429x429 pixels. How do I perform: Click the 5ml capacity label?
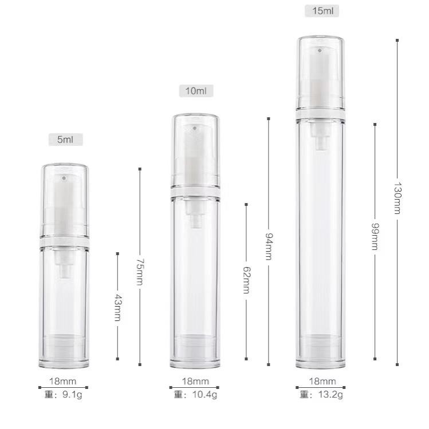pyautogui.click(x=65, y=140)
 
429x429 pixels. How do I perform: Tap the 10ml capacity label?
pyautogui.click(x=196, y=91)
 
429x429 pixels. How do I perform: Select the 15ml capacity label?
pyautogui.click(x=322, y=11)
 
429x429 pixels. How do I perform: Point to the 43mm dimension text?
pyautogui.click(x=118, y=308)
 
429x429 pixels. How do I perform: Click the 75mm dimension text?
pyautogui.click(x=140, y=272)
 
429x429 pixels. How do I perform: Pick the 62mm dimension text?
pyautogui.click(x=246, y=280)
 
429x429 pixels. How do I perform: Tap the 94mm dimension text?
pyautogui.click(x=269, y=246)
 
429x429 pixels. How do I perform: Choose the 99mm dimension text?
pyautogui.click(x=375, y=237)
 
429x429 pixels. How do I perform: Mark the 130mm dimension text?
pyautogui.click(x=397, y=198)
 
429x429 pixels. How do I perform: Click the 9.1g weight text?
pyautogui.click(x=72, y=395)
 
